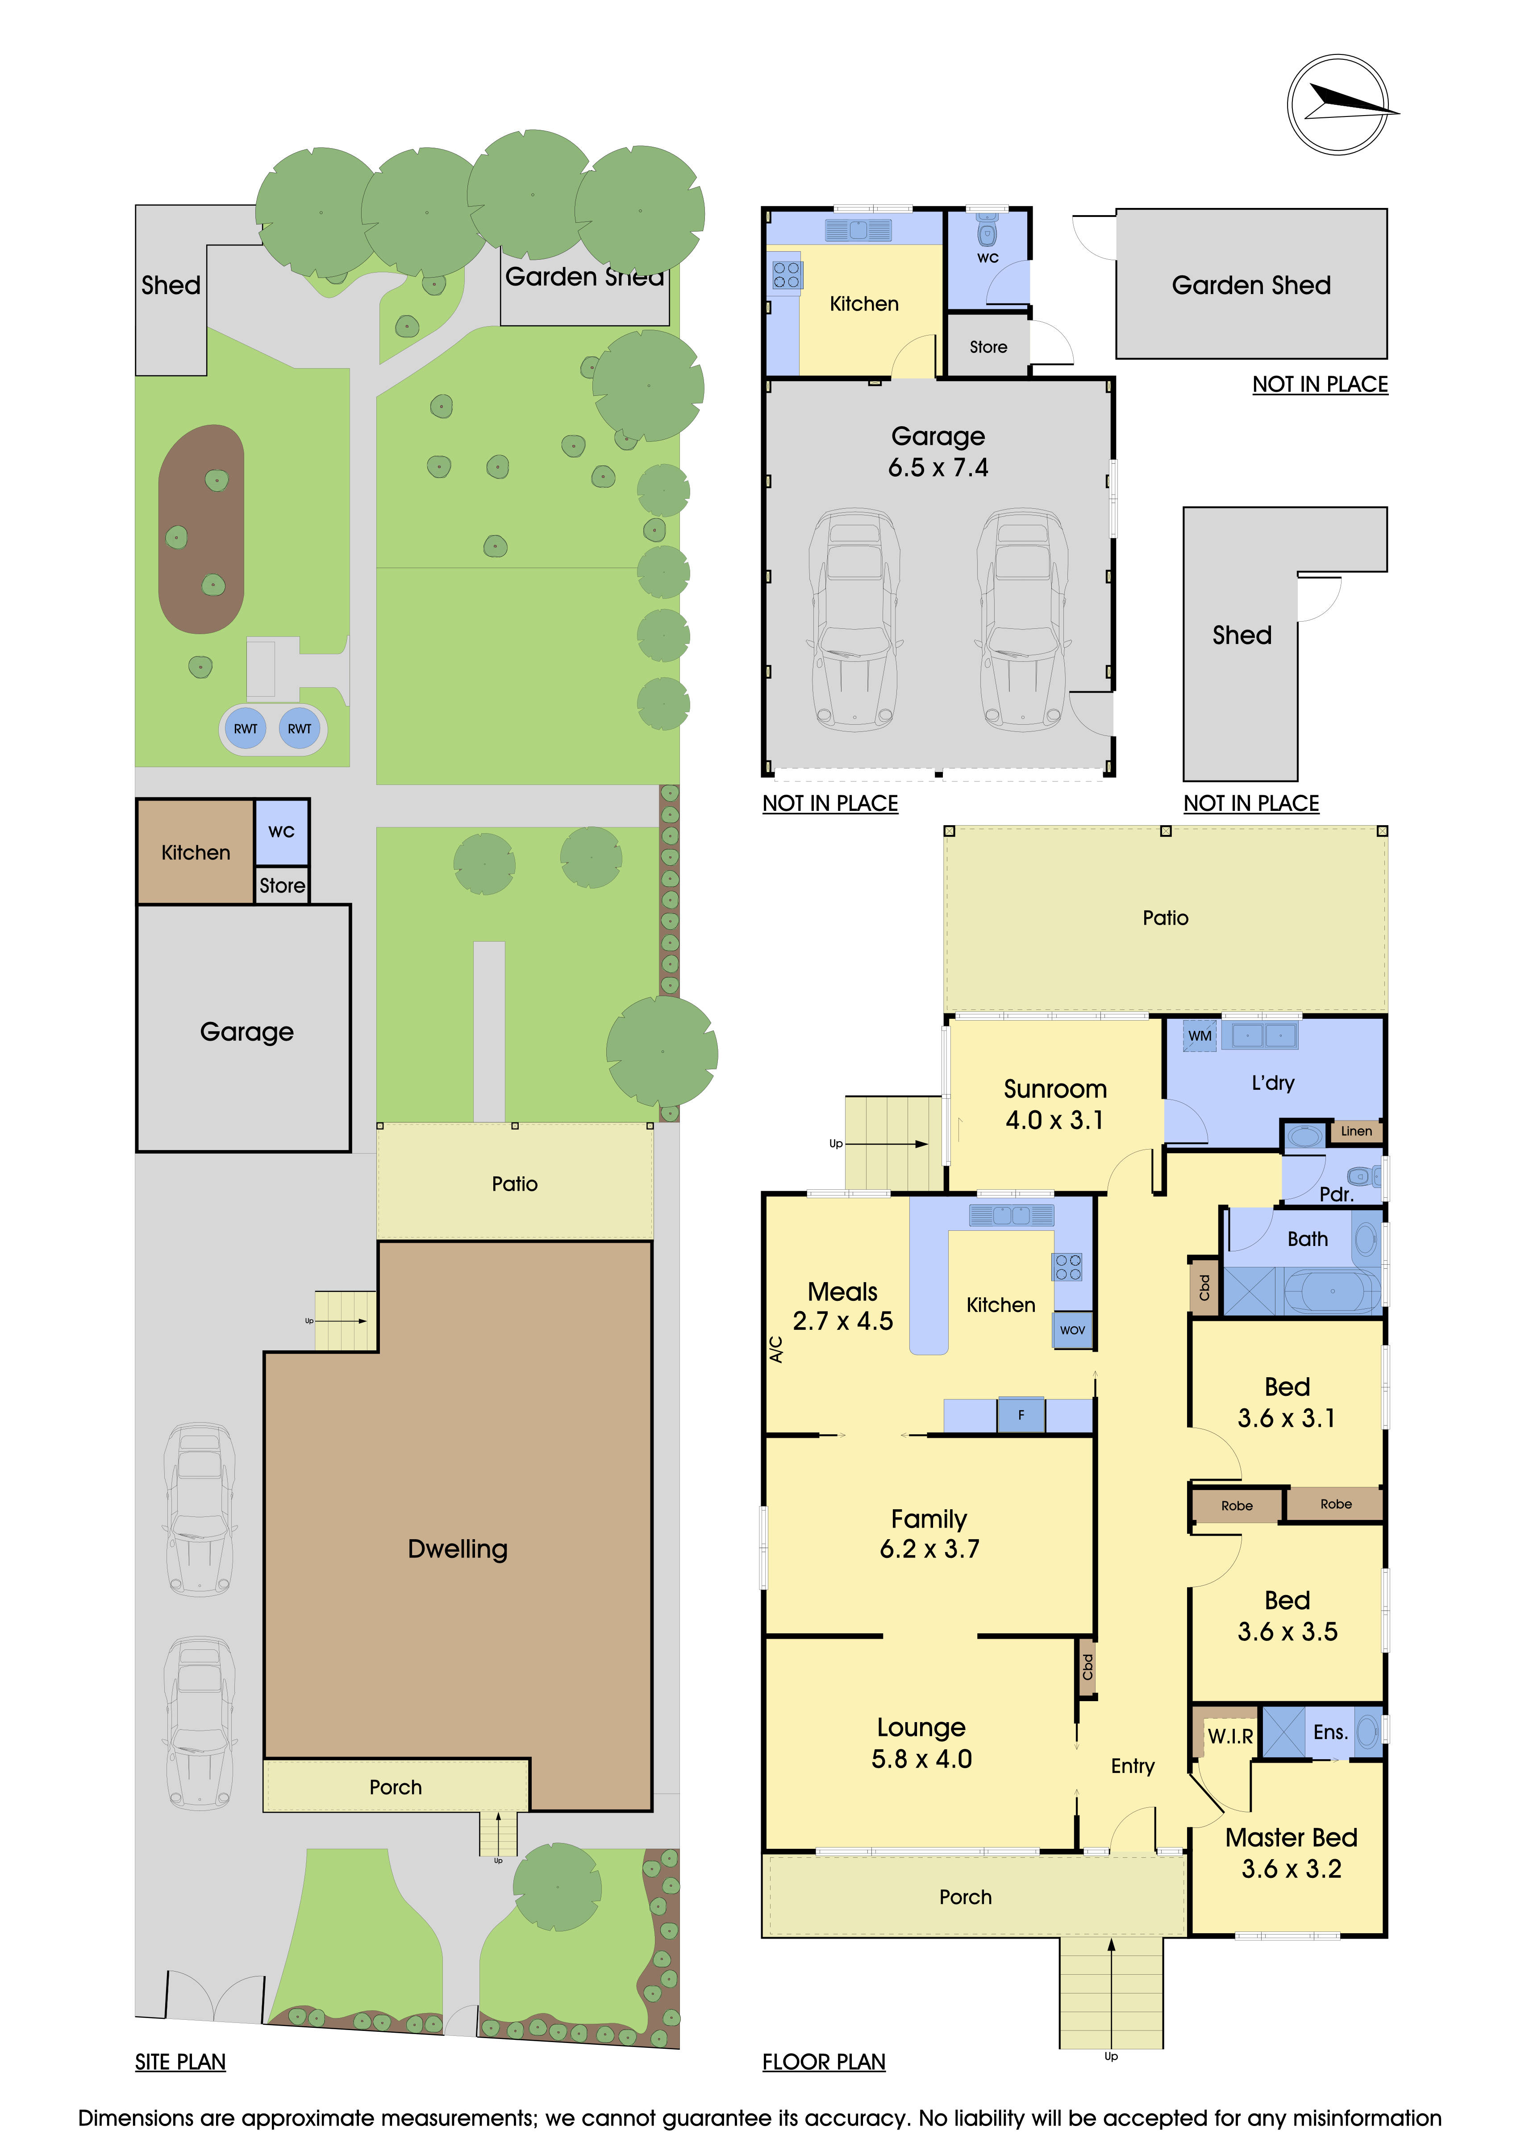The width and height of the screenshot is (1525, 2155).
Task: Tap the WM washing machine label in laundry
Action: click(x=1199, y=1035)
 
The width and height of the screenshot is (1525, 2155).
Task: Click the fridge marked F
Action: click(x=1021, y=1415)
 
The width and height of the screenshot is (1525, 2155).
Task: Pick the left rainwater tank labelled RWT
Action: click(x=245, y=728)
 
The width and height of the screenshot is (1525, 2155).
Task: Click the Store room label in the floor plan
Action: click(x=988, y=347)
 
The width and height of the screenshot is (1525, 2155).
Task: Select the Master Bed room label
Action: click(x=1291, y=1838)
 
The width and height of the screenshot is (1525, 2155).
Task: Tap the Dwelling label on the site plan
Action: click(x=457, y=1549)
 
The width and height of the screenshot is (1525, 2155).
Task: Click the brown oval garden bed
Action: click(x=201, y=528)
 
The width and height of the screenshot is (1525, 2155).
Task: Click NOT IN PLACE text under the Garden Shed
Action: click(x=1319, y=384)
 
